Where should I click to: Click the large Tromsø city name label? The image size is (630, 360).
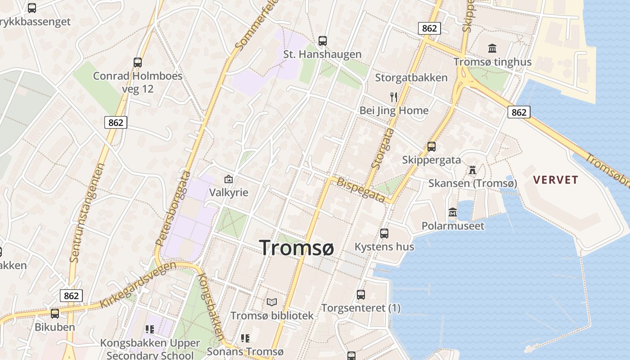[x=297, y=247]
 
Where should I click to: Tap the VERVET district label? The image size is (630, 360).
[x=555, y=180]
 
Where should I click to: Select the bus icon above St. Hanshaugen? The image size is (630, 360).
[x=323, y=41]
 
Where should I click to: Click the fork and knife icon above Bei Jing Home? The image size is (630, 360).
[x=394, y=96]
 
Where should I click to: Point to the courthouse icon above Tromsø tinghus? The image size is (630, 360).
[x=492, y=48]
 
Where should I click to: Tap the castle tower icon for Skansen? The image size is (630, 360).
[x=472, y=170]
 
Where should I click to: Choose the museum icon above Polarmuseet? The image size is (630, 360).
[x=453, y=212]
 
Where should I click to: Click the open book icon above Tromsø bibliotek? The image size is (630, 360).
[x=272, y=302]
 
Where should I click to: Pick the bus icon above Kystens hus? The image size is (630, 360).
[x=384, y=233]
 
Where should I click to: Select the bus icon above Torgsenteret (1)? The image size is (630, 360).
[x=361, y=295]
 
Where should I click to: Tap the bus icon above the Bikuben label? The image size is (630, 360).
[x=55, y=314]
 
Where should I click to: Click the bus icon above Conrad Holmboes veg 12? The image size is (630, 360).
[x=138, y=63]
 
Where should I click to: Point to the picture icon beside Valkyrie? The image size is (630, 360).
[x=229, y=179]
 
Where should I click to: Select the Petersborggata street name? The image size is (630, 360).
[x=173, y=208]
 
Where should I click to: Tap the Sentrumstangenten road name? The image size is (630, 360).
[x=87, y=212]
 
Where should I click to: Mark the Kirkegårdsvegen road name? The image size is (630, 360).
[x=138, y=285]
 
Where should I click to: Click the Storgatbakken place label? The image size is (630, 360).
[x=411, y=78]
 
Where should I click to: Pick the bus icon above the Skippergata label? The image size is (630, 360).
[x=432, y=147]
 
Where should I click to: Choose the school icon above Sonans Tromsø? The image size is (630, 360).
[x=245, y=338]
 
